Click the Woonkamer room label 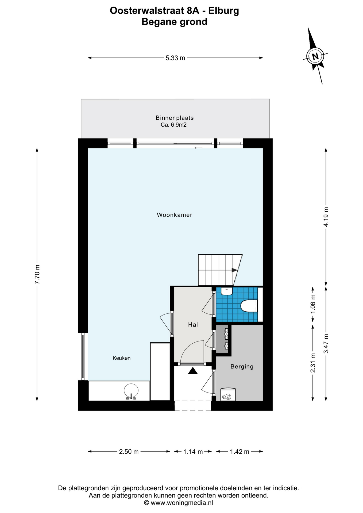tap(175, 215)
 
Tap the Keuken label tap(122, 358)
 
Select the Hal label tap(193, 325)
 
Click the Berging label tap(242, 367)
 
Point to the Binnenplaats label tap(175, 118)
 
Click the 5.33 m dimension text tap(175, 58)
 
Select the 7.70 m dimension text tap(37, 274)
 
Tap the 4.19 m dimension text tap(326, 217)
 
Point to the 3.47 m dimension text tap(326, 344)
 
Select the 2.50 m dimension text tap(129, 452)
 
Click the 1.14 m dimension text tap(193, 452)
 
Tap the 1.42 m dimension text tap(240, 452)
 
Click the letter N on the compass tap(315, 56)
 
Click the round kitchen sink tap(131, 391)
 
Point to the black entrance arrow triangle tap(193, 371)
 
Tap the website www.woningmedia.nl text tap(182, 503)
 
